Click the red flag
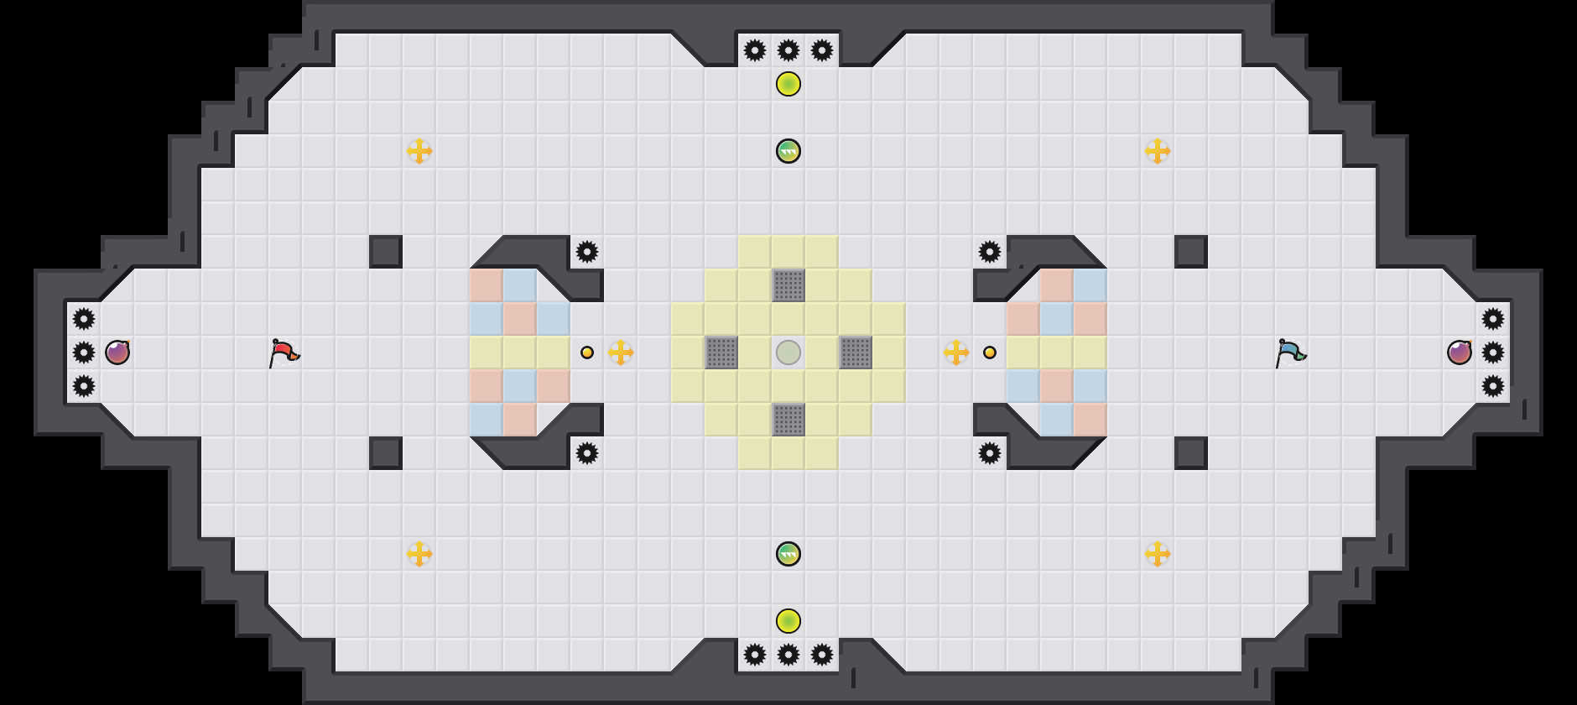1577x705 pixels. pyautogui.click(x=284, y=352)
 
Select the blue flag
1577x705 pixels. pyautogui.click(x=1290, y=352)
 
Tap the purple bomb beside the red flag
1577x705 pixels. pyautogui.click(x=117, y=352)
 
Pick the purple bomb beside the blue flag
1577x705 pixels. pyautogui.click(x=1460, y=352)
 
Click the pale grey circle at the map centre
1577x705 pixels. pyautogui.click(x=788, y=352)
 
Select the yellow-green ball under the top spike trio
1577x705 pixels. pyautogui.click(x=788, y=84)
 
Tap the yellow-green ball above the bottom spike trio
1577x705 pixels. pyautogui.click(x=788, y=621)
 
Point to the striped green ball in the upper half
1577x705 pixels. pyautogui.click(x=788, y=151)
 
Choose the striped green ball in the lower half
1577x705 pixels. pyautogui.click(x=788, y=554)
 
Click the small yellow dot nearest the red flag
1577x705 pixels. pyautogui.click(x=587, y=352)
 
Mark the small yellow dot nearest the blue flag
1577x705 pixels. pyautogui.click(x=990, y=352)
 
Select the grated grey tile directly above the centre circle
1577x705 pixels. pyautogui.click(x=788, y=285)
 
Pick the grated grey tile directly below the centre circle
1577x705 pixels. pyautogui.click(x=788, y=420)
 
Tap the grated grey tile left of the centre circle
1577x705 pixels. pyautogui.click(x=721, y=352)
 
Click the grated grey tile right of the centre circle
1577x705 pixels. pyautogui.click(x=856, y=352)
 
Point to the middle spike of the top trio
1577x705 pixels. pyautogui.click(x=788, y=50)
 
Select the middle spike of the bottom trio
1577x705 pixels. pyautogui.click(x=788, y=655)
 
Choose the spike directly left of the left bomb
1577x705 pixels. pyautogui.click(x=84, y=352)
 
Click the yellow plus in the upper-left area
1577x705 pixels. pyautogui.click(x=419, y=151)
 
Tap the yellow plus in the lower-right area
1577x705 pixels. pyautogui.click(x=1158, y=554)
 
